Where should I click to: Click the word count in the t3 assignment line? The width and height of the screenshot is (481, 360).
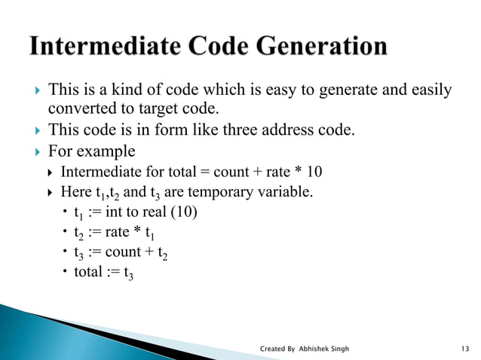[126, 252]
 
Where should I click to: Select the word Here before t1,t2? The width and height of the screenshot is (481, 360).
[75, 192]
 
